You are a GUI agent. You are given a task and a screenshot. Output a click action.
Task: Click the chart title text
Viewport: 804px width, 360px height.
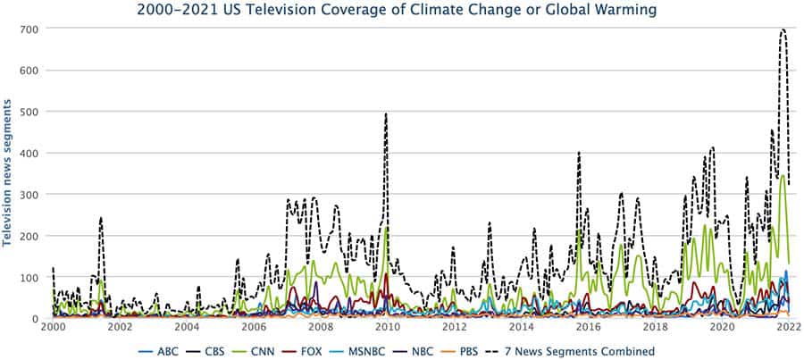coord(397,11)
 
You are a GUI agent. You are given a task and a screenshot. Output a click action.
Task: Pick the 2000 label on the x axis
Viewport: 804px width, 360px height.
coord(54,328)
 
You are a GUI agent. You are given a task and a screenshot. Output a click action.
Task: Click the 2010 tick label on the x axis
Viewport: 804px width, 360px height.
coord(386,328)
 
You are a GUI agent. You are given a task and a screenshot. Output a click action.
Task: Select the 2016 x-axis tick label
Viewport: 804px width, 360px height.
coord(586,328)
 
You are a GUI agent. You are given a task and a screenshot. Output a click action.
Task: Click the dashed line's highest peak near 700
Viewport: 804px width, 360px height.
coord(783,29)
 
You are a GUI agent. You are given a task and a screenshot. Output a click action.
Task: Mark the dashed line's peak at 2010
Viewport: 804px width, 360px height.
coord(386,114)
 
